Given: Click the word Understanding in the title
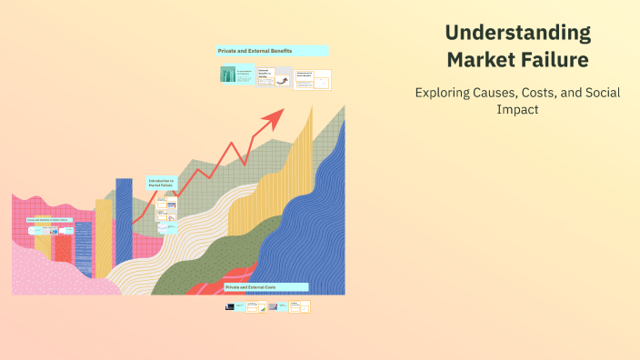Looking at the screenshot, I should tap(517, 34).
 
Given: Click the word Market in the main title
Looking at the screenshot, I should tap(482, 60).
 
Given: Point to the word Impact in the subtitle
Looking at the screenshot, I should tap(516, 108).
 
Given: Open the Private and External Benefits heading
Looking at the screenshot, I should tap(272, 51).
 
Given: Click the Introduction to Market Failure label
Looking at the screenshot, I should tap(161, 183).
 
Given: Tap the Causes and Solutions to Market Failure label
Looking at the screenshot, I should tap(48, 219).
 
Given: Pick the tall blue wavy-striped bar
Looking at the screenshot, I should tap(124, 227).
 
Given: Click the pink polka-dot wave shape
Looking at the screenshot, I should tap(55, 273).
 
